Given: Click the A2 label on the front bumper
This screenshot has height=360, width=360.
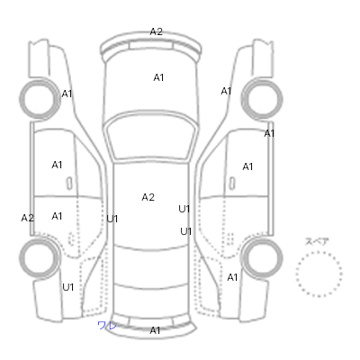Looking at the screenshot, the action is [156, 31].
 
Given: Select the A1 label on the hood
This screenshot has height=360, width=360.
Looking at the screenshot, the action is [158, 77].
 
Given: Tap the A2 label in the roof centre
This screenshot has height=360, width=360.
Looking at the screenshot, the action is [148, 197].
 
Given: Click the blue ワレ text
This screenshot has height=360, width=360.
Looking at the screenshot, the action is [107, 325].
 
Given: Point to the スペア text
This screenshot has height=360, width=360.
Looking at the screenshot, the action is [317, 241].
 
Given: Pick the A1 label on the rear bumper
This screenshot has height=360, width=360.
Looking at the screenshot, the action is [155, 330].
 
